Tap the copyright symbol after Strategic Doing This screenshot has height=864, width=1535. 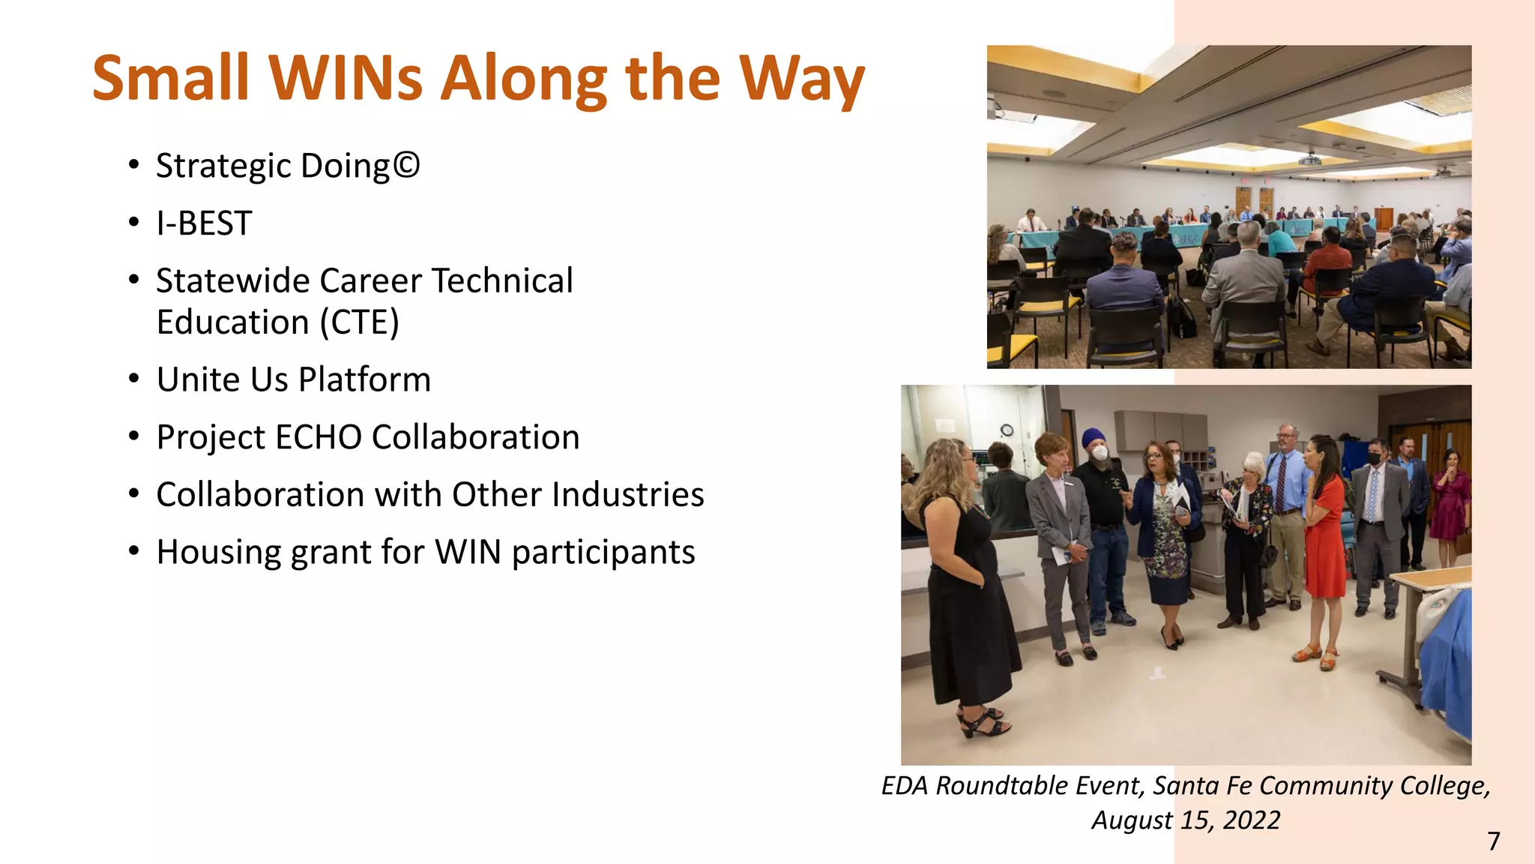[405, 165]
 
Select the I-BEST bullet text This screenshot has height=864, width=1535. [204, 223]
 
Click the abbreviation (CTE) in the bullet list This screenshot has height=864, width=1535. [360, 322]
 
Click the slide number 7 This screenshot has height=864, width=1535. [1493, 841]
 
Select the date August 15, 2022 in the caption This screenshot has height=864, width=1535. [1186, 820]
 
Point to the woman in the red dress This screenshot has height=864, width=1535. [1324, 540]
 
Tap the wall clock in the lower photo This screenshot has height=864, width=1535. [1007, 430]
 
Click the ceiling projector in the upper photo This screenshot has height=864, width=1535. [1309, 159]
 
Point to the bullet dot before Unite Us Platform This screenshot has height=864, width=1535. [133, 379]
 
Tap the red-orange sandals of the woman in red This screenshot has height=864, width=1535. [1318, 656]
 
